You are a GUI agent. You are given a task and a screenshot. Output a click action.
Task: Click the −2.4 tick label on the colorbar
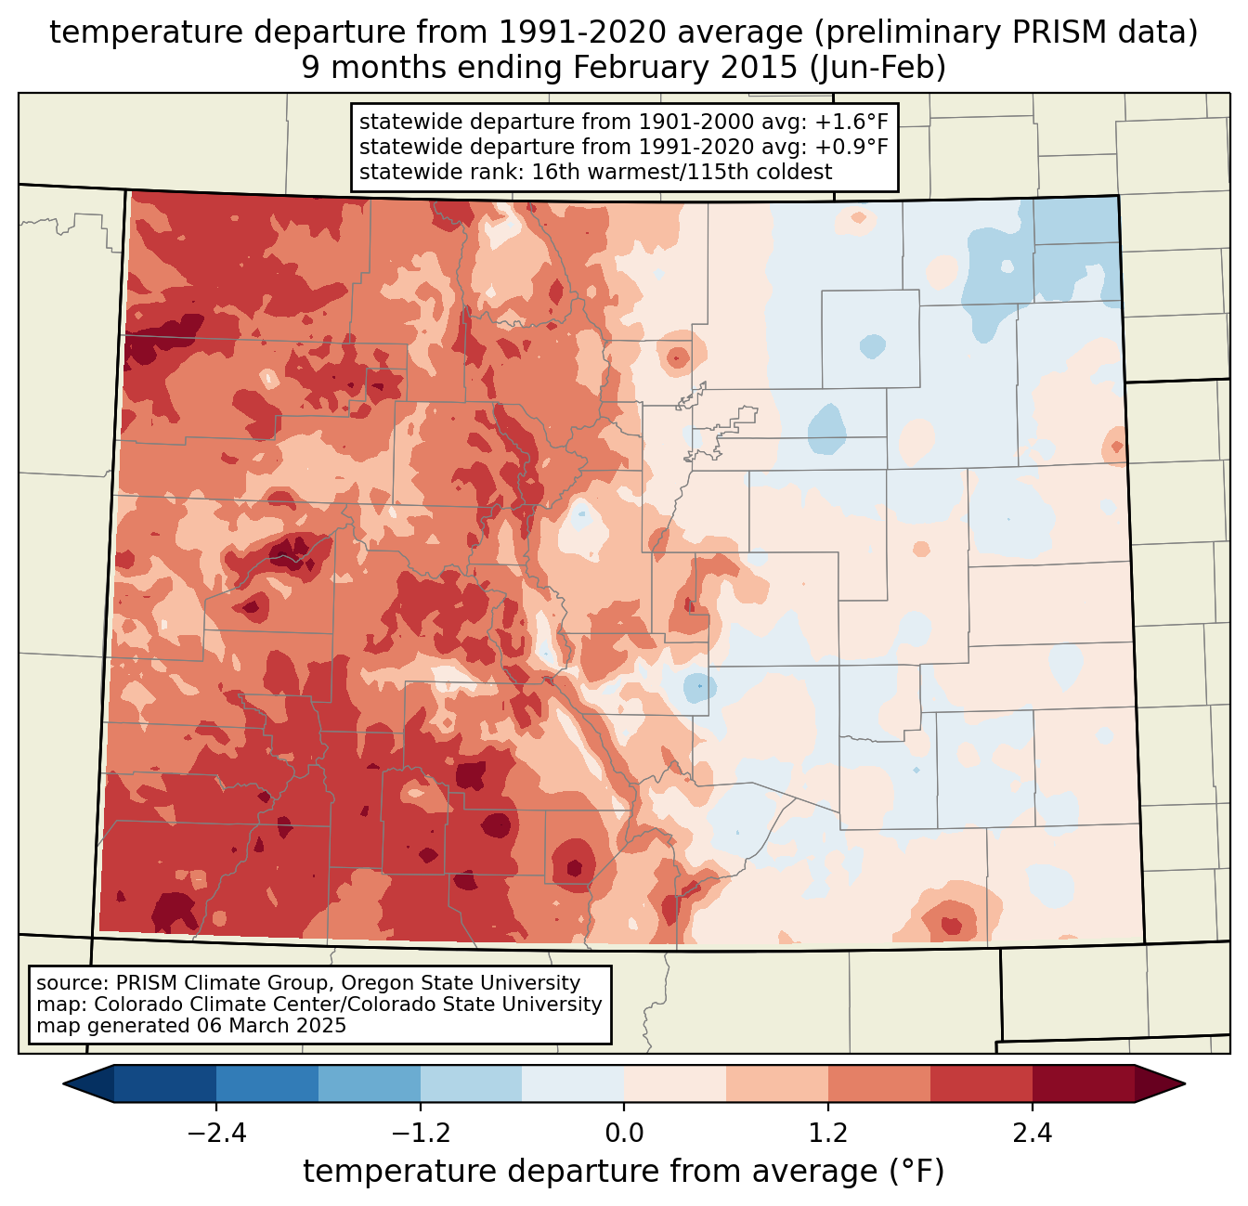click(x=216, y=1134)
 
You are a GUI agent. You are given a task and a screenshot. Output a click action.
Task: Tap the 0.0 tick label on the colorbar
click(x=624, y=1134)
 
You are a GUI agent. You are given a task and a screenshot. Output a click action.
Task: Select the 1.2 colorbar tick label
click(x=828, y=1134)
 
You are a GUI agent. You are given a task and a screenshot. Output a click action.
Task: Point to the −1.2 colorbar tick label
click(x=421, y=1134)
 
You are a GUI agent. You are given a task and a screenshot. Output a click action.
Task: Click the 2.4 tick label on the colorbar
click(x=1033, y=1134)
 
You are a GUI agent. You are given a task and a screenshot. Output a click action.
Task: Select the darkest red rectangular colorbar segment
click(x=1083, y=1083)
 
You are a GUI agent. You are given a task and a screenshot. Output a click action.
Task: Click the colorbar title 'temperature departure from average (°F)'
click(x=624, y=1172)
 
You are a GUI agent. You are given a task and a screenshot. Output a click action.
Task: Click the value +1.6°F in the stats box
click(x=853, y=123)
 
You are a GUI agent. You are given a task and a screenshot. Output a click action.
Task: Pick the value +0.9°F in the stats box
click(x=853, y=147)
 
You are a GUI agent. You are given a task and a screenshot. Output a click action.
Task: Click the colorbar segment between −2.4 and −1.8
click(x=267, y=1083)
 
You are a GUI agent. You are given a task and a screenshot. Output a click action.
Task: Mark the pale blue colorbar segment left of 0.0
click(x=573, y=1083)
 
